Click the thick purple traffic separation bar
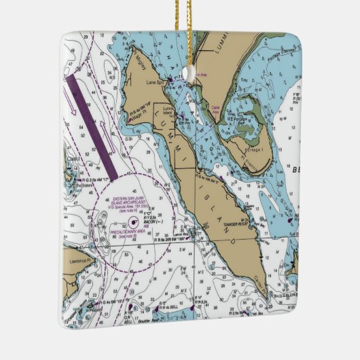92,125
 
